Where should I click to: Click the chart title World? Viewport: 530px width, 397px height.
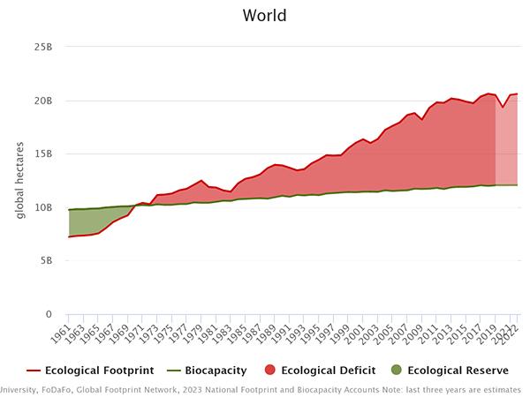click(x=265, y=16)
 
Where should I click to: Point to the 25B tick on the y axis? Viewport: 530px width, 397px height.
click(x=44, y=46)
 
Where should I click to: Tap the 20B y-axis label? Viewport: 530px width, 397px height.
click(x=44, y=100)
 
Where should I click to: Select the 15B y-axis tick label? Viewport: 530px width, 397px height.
click(x=44, y=154)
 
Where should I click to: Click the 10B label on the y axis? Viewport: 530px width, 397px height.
click(x=44, y=207)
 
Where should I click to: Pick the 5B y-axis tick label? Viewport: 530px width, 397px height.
click(x=48, y=261)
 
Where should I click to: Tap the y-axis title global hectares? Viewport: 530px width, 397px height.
click(x=20, y=180)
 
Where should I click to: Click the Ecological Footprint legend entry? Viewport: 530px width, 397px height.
click(x=97, y=371)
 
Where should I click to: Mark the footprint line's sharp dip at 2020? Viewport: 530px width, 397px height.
click(x=503, y=108)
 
